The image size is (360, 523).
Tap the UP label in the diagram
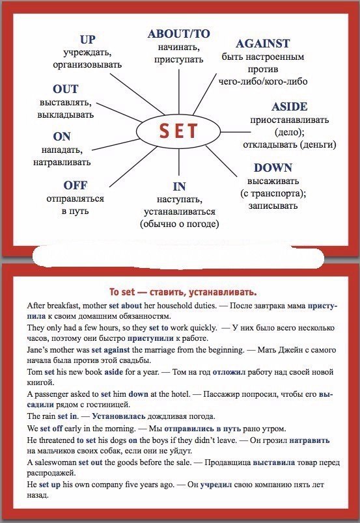88,40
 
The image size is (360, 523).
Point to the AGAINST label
263,44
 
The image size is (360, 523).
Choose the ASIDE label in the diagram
289,107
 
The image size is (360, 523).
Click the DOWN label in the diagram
273,167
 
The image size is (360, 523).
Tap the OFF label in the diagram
75,185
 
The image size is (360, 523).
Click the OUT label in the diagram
65,89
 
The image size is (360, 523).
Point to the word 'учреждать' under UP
88,52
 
